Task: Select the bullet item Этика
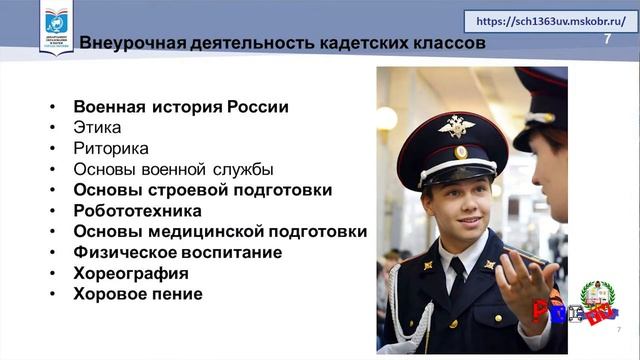[x=98, y=128]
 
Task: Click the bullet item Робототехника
[x=137, y=211]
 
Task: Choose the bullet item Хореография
[x=131, y=273]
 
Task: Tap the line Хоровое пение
[x=138, y=294]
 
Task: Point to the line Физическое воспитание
[x=177, y=252]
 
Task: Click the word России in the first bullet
[x=258, y=107]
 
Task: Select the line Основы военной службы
[x=173, y=170]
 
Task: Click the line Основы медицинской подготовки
[x=220, y=232]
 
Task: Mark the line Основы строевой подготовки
[x=203, y=190]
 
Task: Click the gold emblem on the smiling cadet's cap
[x=456, y=127]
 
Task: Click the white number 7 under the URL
[x=607, y=39]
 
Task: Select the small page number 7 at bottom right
[x=619, y=330]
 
